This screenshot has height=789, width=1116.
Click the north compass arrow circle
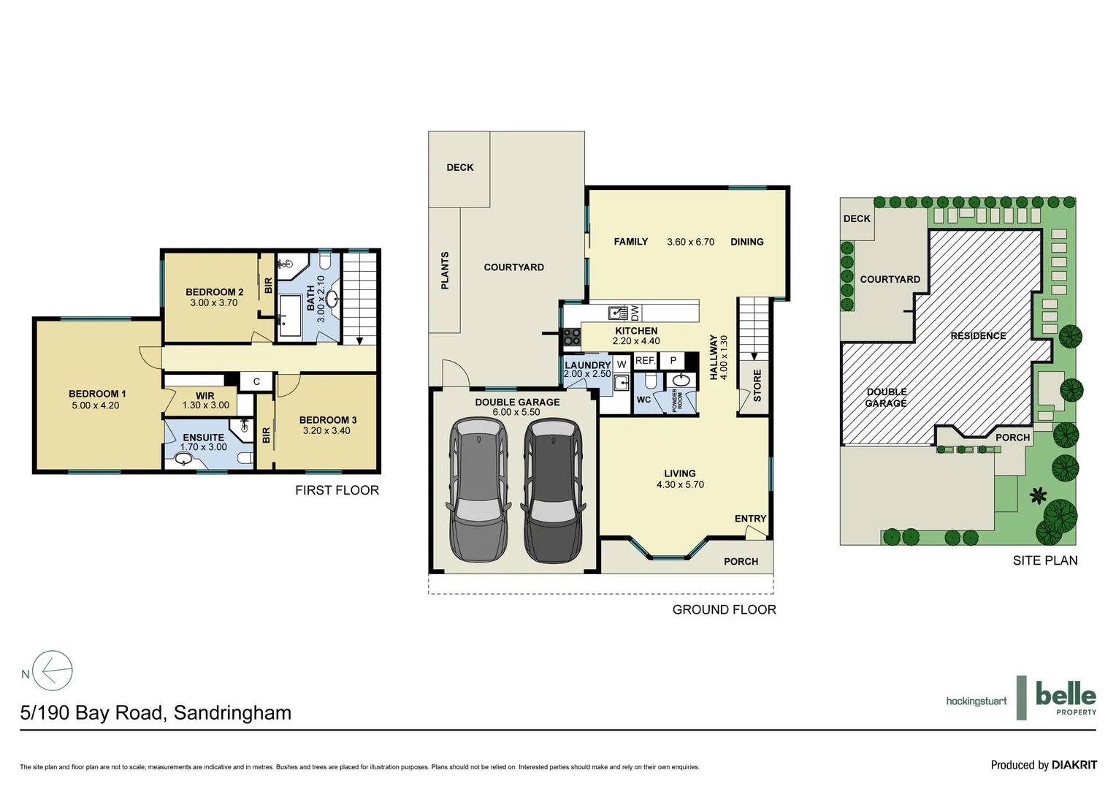(x=53, y=670)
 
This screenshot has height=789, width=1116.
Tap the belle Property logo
(x=1066, y=697)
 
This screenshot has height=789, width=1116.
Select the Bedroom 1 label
(x=97, y=394)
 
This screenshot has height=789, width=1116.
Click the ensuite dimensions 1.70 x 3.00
(x=204, y=447)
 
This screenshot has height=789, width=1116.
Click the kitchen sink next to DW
(x=619, y=313)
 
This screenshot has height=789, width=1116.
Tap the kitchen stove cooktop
(x=571, y=337)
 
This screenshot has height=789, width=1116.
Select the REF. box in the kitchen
(x=645, y=361)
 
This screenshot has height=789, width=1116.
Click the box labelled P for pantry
(x=673, y=361)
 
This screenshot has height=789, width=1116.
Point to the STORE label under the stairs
(x=757, y=385)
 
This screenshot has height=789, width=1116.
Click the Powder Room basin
(x=681, y=381)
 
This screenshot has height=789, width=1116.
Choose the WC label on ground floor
(x=643, y=400)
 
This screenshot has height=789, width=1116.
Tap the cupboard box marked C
(x=256, y=381)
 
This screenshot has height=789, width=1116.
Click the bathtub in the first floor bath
(x=290, y=316)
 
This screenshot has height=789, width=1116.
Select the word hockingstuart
(x=976, y=701)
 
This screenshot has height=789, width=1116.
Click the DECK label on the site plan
(x=857, y=218)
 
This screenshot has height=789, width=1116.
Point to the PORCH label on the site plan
(x=1012, y=438)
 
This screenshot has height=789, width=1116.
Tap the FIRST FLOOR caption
(x=337, y=490)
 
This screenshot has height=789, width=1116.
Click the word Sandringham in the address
(x=232, y=713)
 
